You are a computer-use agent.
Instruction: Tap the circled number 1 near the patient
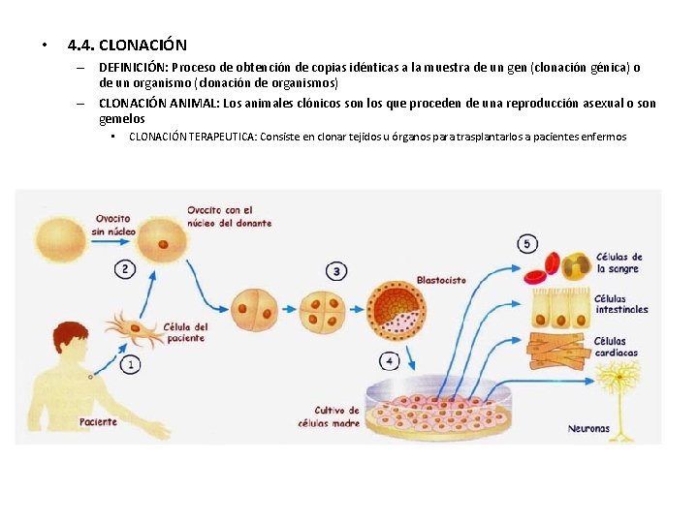click(129, 364)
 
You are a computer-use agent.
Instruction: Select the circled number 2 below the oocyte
click(125, 268)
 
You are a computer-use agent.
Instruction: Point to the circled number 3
click(335, 271)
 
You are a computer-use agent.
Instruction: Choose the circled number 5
click(527, 244)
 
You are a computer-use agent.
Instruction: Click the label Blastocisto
click(441, 280)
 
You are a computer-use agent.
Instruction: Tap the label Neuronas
click(588, 428)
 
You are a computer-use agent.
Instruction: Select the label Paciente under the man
click(98, 421)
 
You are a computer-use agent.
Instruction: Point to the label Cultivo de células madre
click(337, 416)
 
